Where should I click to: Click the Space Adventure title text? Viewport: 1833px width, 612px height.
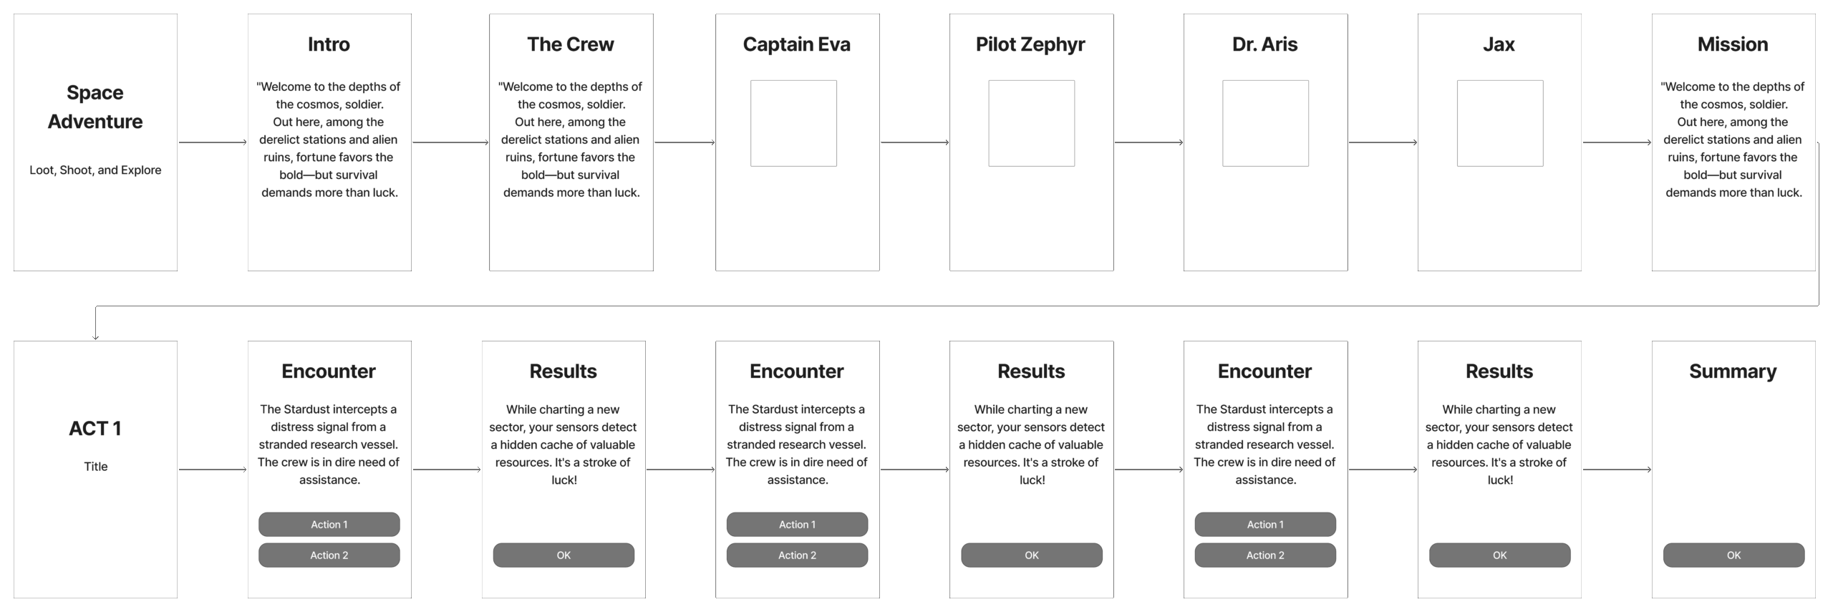click(x=95, y=107)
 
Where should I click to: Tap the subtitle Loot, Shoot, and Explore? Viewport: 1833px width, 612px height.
click(x=95, y=170)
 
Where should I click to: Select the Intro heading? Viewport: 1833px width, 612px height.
click(x=329, y=44)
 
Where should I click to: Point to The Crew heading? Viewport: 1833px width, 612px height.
click(x=571, y=44)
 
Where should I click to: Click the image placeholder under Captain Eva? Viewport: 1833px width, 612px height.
click(x=793, y=123)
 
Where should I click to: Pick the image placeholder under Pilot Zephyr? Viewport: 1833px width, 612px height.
click(x=1031, y=123)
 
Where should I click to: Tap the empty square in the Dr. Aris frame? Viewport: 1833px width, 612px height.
click(x=1265, y=123)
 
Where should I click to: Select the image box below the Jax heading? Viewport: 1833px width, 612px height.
click(x=1500, y=123)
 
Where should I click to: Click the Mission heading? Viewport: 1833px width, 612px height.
click(x=1733, y=44)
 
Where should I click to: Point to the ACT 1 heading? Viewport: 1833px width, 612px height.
click(x=95, y=428)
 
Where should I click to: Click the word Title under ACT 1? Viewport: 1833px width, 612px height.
click(x=95, y=467)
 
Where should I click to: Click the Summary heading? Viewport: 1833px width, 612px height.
click(x=1733, y=371)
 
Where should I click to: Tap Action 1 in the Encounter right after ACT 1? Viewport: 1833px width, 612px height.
click(x=329, y=524)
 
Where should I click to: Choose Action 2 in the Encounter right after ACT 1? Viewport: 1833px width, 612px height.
click(x=329, y=555)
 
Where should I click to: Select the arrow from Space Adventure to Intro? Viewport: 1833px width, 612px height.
click(x=213, y=142)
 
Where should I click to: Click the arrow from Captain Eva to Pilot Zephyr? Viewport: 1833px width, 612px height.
click(x=915, y=142)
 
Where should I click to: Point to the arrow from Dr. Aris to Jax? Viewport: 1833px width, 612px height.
click(x=1383, y=142)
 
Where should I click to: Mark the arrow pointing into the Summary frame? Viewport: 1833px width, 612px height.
click(x=1617, y=470)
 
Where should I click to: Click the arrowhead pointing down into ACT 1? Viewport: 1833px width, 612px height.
click(x=95, y=337)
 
